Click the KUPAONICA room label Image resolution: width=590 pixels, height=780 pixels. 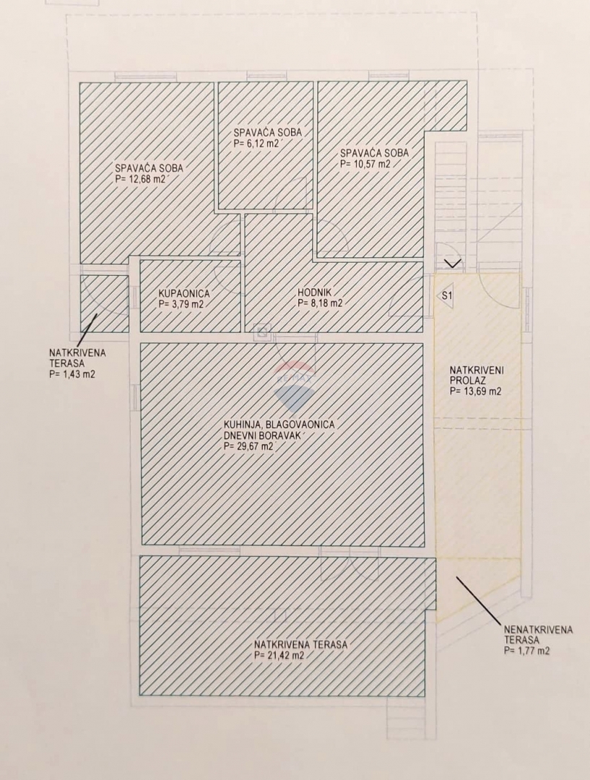(184, 294)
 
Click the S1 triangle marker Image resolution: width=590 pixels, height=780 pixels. (447, 295)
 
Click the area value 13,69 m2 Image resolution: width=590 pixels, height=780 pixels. (475, 391)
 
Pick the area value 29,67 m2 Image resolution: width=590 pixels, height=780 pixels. (249, 446)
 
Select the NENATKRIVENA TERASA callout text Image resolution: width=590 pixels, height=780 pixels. (538, 635)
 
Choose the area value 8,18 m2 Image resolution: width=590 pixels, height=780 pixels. (320, 303)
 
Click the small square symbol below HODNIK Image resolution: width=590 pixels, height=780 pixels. (262, 332)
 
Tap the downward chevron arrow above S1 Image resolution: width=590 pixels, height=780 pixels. (452, 263)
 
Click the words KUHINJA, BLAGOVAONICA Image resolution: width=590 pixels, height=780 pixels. (279, 425)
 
